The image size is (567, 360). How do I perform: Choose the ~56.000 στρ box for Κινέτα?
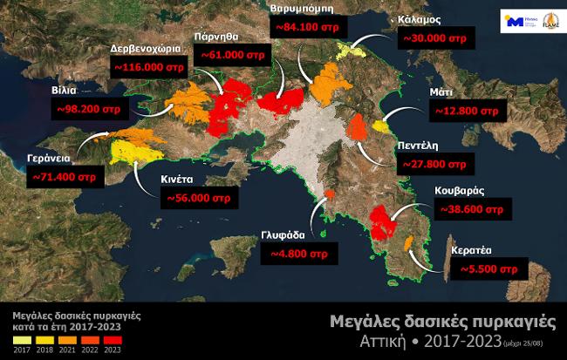coord(198,199)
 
